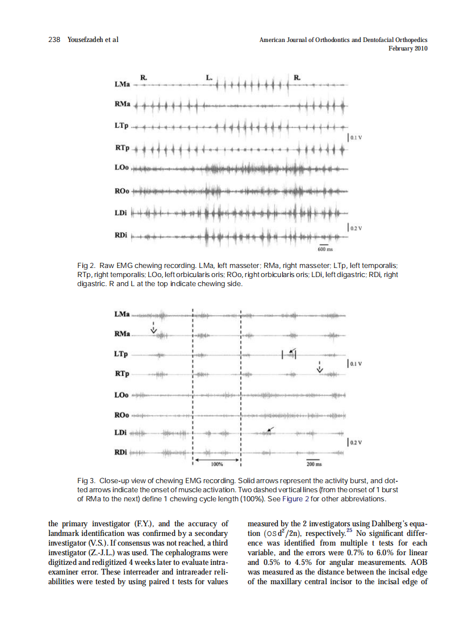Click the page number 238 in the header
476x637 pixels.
[55, 40]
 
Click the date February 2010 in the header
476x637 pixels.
[408, 49]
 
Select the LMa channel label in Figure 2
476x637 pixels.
[122, 85]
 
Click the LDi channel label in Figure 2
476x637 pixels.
[120, 213]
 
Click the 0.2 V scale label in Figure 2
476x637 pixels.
[357, 228]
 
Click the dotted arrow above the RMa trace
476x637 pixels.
[153, 328]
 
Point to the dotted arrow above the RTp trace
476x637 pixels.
[319, 367]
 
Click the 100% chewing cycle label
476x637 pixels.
[217, 463]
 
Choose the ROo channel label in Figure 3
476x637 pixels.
[122, 414]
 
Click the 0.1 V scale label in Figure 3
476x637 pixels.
[357, 363]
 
